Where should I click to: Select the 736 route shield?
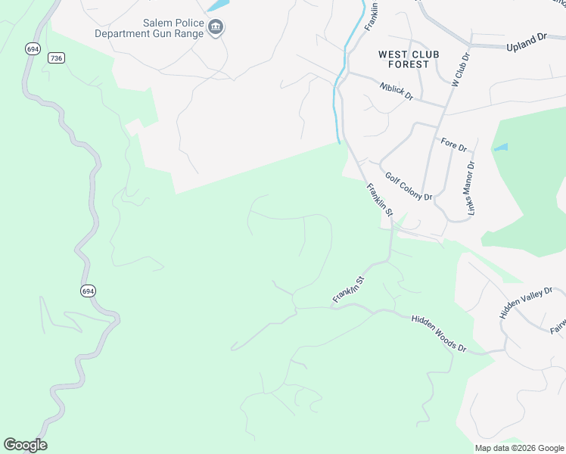point(55,58)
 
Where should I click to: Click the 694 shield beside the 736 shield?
point(32,48)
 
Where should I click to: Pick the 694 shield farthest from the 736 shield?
point(89,291)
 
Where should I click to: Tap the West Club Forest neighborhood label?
point(404,59)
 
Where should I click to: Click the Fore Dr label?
point(453,144)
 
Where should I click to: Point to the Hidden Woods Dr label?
point(440,333)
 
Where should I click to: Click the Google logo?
point(25,445)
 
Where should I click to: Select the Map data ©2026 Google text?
point(518,448)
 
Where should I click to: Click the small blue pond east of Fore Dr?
point(501,148)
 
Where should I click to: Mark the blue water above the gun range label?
point(217,5)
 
